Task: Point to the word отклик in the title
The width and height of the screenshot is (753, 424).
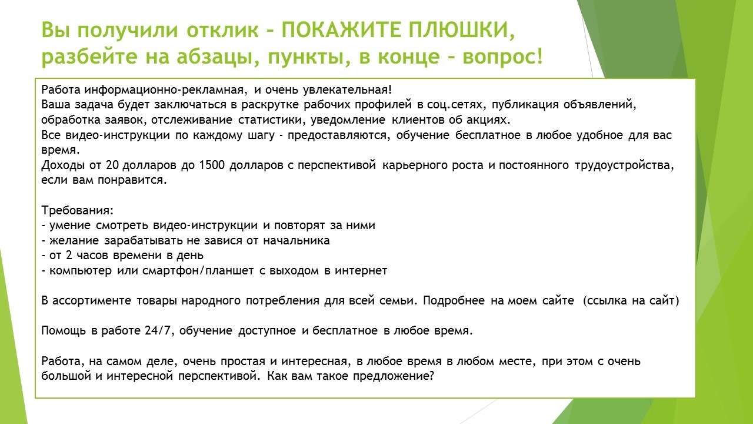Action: [222, 30]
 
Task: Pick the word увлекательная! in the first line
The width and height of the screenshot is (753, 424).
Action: [347, 90]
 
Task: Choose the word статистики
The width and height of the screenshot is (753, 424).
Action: [271, 120]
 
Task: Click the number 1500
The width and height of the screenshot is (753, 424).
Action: [211, 165]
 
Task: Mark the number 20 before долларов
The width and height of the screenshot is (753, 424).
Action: [111, 165]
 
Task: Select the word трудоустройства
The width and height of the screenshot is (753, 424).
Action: [624, 166]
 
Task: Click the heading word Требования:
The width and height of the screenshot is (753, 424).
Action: [78, 211]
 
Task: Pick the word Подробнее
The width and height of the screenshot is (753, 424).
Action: [454, 301]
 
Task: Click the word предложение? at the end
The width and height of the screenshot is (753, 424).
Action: [394, 376]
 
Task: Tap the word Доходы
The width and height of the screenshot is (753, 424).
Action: [62, 166]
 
